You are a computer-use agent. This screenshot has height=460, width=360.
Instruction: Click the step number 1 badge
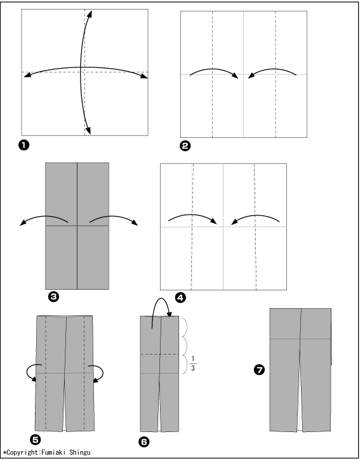(x=23, y=145)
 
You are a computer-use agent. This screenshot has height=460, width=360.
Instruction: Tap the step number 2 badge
(x=185, y=146)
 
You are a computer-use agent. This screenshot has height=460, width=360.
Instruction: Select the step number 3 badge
(x=53, y=297)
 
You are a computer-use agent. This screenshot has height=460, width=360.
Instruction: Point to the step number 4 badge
(x=180, y=298)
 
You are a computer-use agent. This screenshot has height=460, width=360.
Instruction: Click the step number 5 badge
(x=36, y=440)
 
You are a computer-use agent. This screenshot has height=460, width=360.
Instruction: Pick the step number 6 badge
(x=143, y=442)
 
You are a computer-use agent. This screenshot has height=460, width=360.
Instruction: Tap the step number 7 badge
(x=259, y=370)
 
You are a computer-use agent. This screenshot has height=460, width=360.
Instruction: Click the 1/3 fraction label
(x=193, y=363)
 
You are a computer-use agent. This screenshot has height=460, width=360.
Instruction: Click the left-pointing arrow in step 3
(x=44, y=217)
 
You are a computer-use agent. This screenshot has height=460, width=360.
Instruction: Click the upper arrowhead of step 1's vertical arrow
(x=90, y=14)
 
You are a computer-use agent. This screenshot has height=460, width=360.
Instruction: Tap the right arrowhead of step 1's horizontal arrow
(x=144, y=76)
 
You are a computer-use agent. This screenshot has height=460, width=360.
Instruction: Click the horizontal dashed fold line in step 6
(x=159, y=354)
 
